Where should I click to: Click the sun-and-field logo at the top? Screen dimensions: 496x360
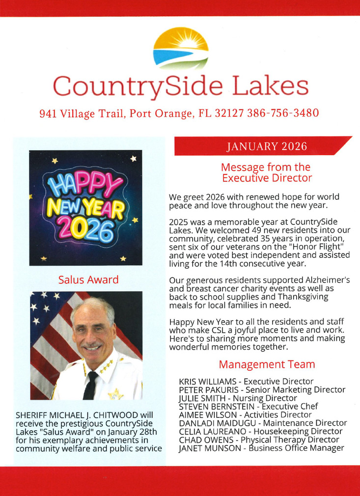click(181, 48)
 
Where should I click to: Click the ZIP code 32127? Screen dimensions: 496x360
click(230, 113)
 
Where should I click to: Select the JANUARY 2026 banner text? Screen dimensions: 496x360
click(267, 146)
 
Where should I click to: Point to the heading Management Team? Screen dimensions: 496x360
click(267, 364)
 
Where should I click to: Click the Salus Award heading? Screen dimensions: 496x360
click(88, 280)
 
